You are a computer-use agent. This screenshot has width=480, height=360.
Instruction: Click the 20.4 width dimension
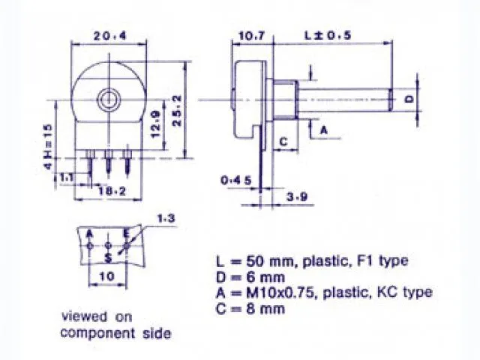coord(110,35)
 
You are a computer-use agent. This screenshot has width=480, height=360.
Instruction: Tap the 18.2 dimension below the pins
coord(112,191)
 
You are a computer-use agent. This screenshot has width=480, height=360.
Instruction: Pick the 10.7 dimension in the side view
coord(250,35)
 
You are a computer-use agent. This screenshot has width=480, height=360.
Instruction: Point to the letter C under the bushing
coord(284,139)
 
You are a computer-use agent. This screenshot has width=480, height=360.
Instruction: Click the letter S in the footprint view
coord(109,257)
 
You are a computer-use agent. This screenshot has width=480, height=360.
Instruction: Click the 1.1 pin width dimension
coord(67,177)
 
